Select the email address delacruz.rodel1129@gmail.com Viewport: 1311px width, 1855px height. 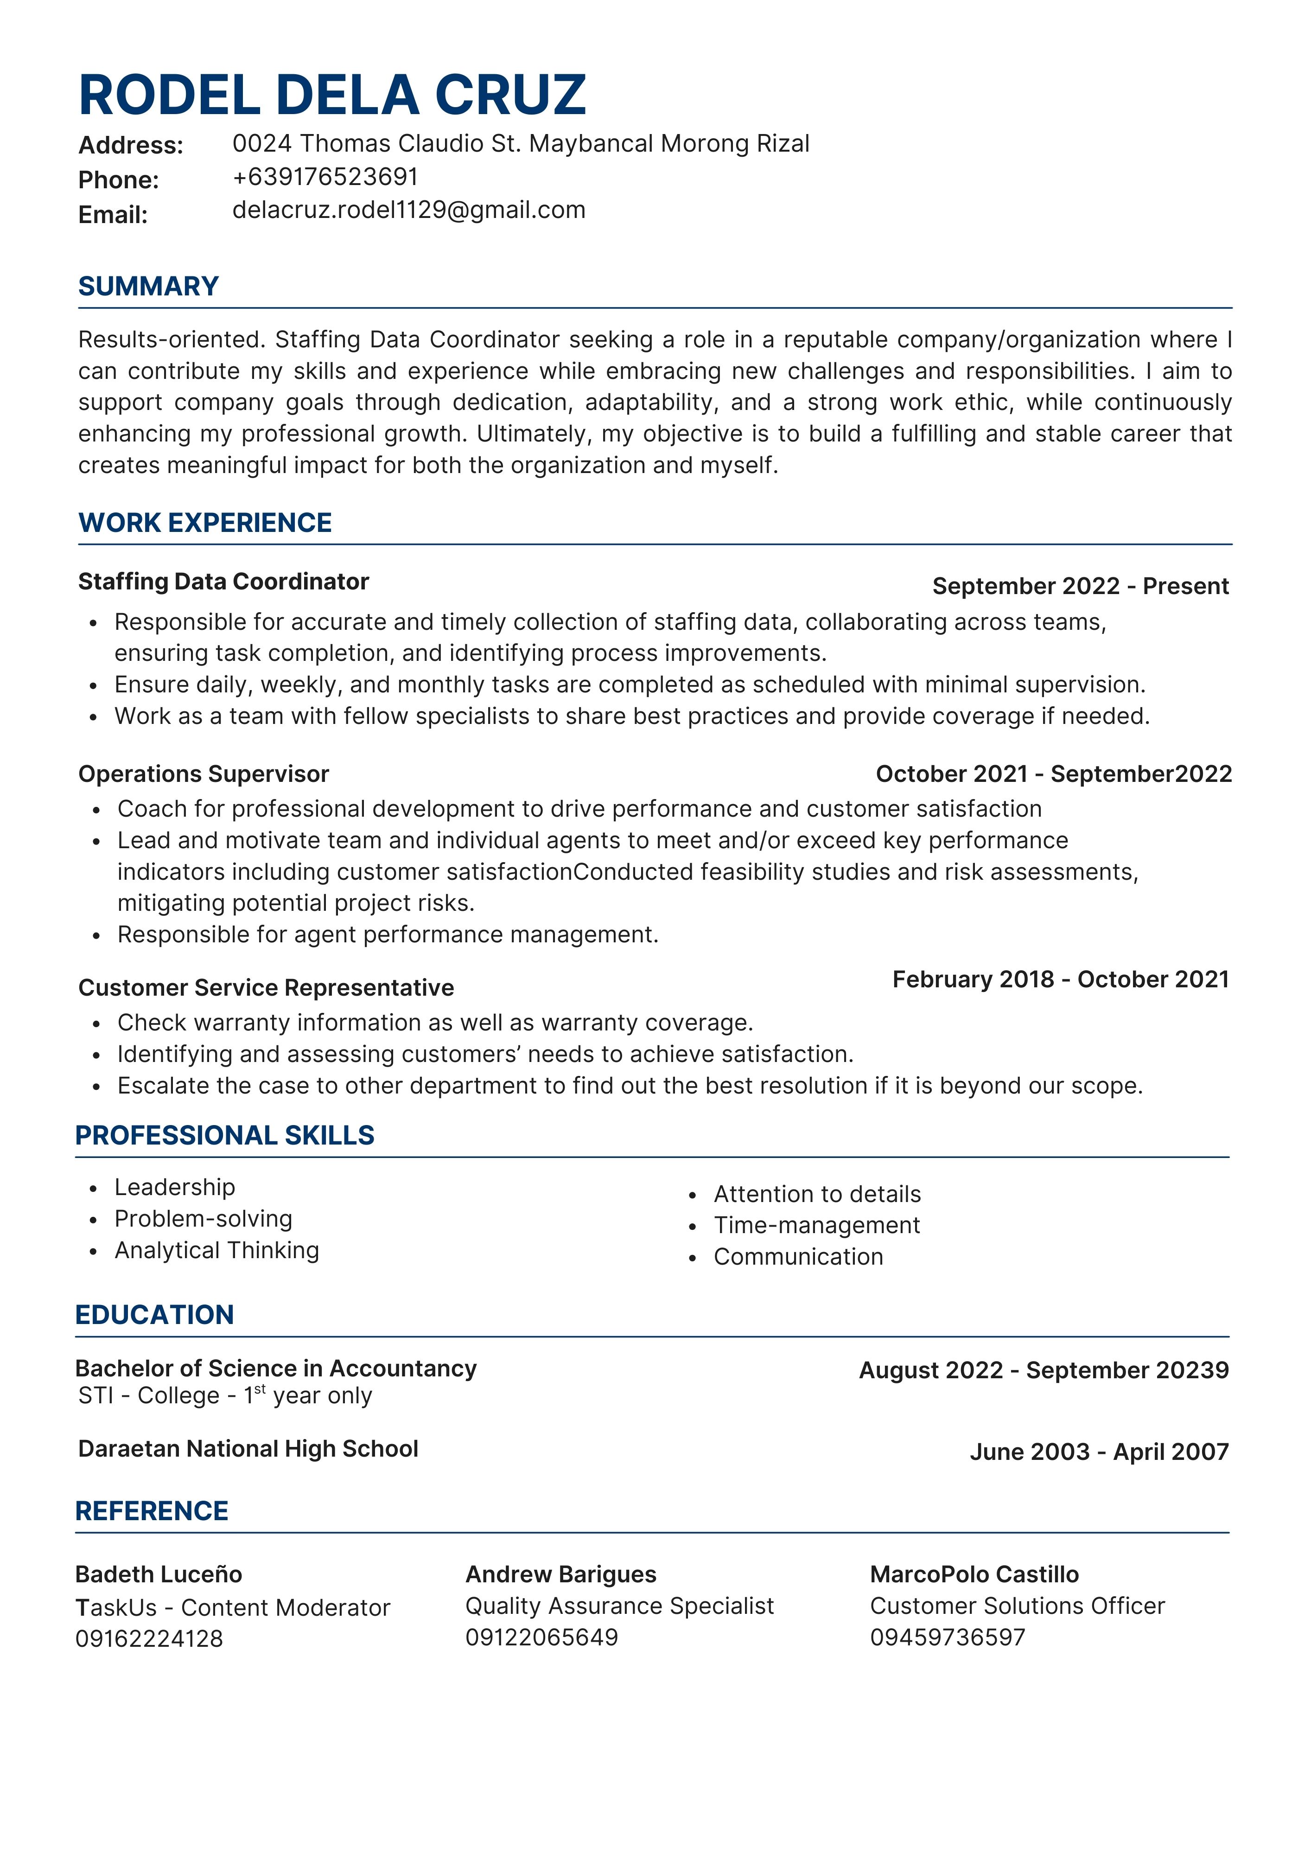point(409,210)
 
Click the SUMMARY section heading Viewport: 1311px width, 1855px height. point(149,286)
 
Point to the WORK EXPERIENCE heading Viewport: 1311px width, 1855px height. point(205,523)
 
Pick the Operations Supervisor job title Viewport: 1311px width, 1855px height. point(204,774)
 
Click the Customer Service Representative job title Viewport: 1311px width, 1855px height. point(266,988)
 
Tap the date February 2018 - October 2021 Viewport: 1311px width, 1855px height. point(1060,979)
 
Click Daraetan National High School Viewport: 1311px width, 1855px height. point(248,1449)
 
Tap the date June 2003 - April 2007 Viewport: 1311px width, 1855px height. point(1099,1452)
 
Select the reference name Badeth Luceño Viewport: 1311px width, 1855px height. point(159,1574)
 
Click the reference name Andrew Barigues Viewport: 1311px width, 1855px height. point(560,1574)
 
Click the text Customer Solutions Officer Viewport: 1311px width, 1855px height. point(1017,1606)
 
